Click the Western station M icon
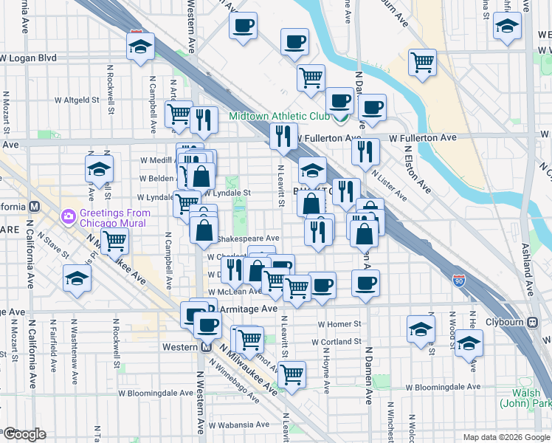[x=207, y=348]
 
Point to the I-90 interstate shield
[x=460, y=280]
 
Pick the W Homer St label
[x=339, y=323]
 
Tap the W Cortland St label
[x=336, y=343]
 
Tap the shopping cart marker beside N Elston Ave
[x=423, y=63]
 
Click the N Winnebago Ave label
[x=233, y=377]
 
